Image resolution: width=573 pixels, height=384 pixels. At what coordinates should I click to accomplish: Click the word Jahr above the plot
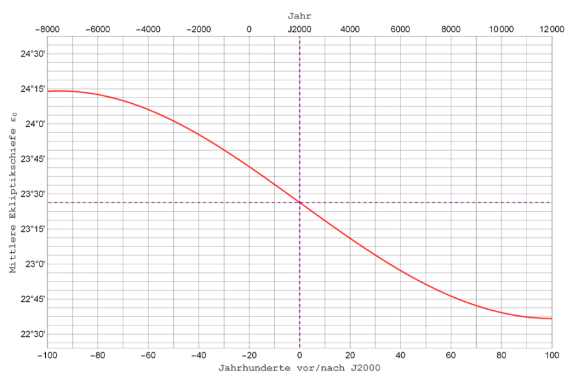(299, 16)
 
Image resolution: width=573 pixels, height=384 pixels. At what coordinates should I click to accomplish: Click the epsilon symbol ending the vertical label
(13, 116)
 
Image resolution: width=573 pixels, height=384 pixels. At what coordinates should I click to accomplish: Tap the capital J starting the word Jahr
(290, 16)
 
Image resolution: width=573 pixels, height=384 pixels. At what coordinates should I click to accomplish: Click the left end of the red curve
(48, 91)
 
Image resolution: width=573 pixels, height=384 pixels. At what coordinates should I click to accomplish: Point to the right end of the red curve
(550, 318)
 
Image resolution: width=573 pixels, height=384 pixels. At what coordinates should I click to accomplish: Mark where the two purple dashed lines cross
(299, 203)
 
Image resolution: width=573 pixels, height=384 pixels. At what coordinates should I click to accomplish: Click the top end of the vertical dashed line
(299, 37)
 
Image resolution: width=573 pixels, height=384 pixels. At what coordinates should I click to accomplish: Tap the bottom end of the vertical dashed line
(299, 346)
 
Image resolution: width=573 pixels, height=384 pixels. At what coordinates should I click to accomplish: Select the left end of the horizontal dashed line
(48, 203)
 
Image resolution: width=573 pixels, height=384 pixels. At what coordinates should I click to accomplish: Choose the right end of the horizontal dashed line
(549, 203)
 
